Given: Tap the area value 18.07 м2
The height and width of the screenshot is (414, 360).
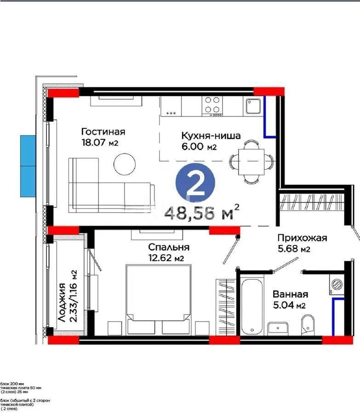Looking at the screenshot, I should tap(99, 143).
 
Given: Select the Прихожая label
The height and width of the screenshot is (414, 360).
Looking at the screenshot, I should tap(301, 238).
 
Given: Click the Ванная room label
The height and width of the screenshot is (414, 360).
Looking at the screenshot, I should tap(290, 294).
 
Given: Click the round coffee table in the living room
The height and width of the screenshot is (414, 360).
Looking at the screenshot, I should tap(126, 164).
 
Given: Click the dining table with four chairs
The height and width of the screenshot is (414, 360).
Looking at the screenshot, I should tap(251, 161).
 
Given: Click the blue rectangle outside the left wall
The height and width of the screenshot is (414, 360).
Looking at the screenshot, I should tap(28, 166).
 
